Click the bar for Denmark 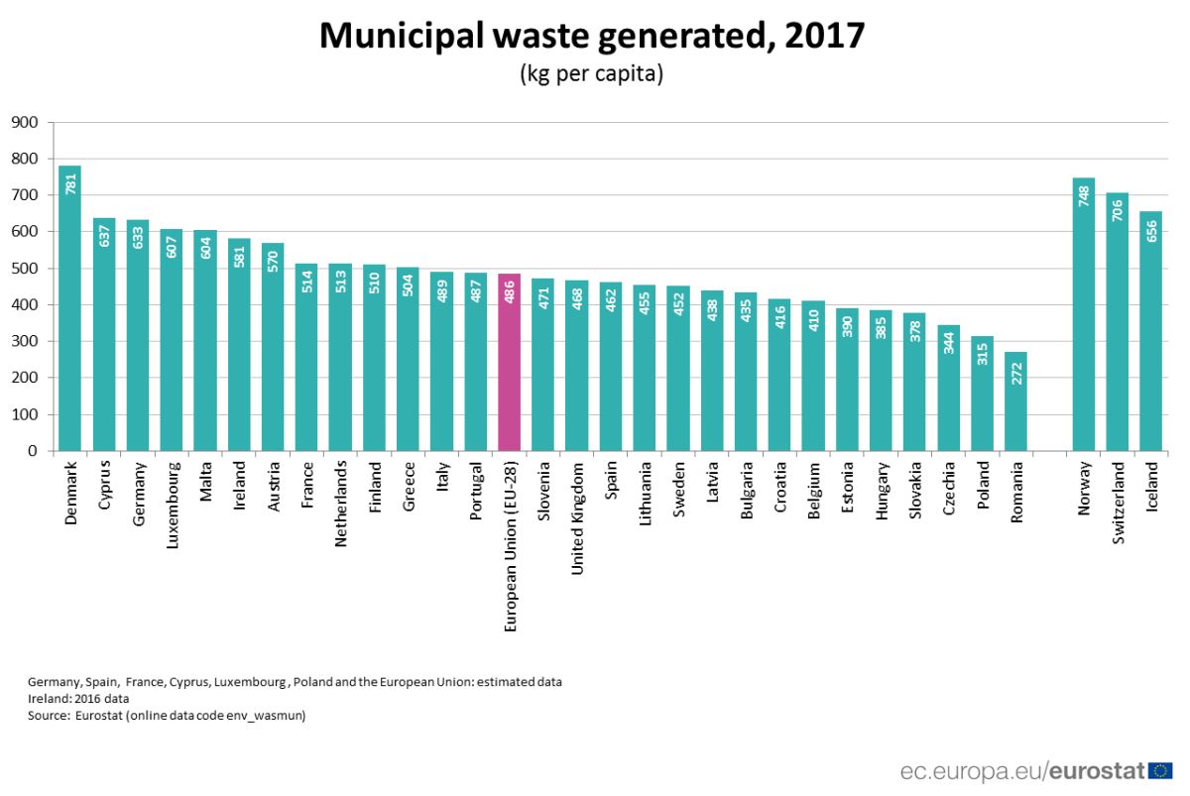coord(69,307)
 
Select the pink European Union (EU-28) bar coord(510,362)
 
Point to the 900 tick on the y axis coord(25,123)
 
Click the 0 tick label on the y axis coord(34,451)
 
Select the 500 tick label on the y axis coord(25,269)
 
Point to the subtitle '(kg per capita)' coord(591,74)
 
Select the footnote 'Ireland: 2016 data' coord(78,698)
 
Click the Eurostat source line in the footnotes coord(166,714)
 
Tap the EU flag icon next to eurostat coord(1161,770)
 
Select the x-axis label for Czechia coord(948,488)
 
